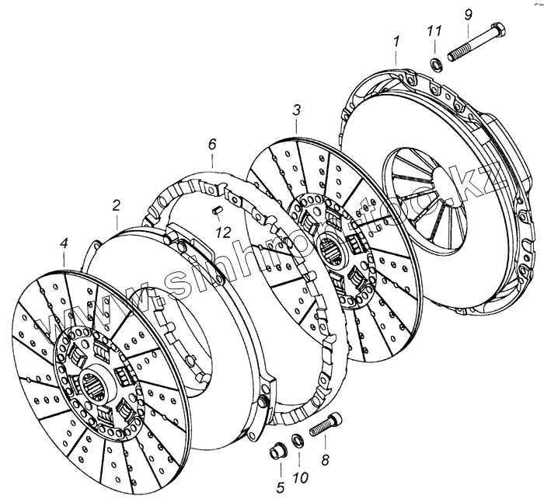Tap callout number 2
[116, 206]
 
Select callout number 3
[296, 111]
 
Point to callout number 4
[64, 247]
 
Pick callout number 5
[281, 487]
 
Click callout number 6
[212, 144]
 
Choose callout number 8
[325, 460]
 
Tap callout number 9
[466, 15]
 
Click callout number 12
[223, 232]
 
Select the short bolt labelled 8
[326, 426]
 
